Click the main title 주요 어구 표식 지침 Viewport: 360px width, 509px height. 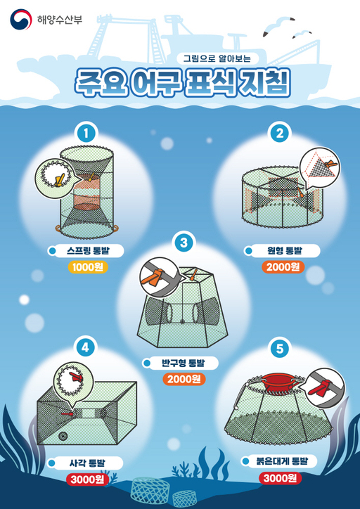coord(181,81)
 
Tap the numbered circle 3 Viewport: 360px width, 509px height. coord(184,243)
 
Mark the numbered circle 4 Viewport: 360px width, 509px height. coord(85,346)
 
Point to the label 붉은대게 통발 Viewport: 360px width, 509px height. coord(285,462)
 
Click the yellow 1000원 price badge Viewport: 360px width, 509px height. coord(88,266)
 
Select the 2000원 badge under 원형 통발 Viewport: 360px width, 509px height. coord(282,266)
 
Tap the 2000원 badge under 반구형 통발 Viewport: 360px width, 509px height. coord(184,379)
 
